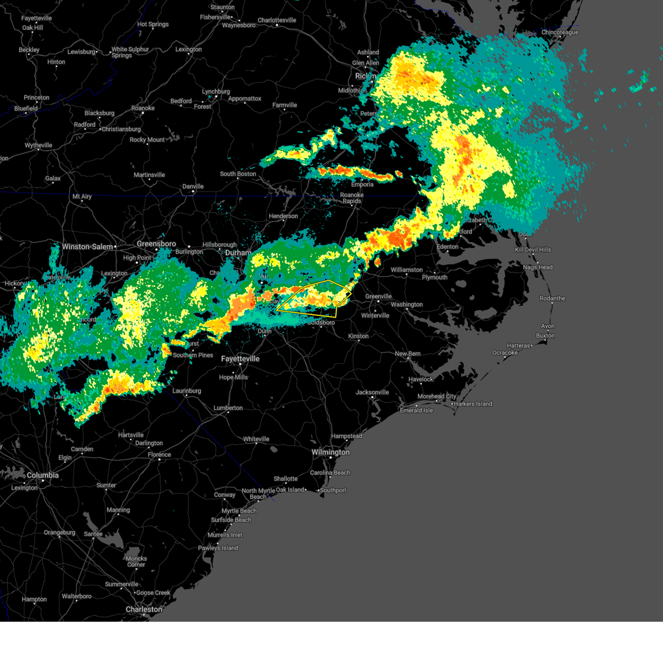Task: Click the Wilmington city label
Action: [x=330, y=452]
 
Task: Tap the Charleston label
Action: [x=144, y=609]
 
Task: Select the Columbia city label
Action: [x=43, y=475]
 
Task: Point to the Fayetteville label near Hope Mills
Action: [x=240, y=359]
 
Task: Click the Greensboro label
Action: [x=156, y=244]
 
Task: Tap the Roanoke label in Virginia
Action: [x=143, y=108]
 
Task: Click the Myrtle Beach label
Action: [x=239, y=511]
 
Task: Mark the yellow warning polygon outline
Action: [x=329, y=281]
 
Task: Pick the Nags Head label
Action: [x=538, y=267]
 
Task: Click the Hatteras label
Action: [x=518, y=346]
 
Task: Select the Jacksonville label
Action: [x=372, y=392]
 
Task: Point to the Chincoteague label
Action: [x=560, y=33]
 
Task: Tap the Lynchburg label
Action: [x=215, y=92]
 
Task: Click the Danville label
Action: [x=193, y=187]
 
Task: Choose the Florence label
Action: [x=159, y=455]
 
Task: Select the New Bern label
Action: [x=408, y=354]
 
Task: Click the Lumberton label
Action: [x=228, y=408]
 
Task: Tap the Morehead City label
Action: [x=436, y=396]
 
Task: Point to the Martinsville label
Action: [x=149, y=175]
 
